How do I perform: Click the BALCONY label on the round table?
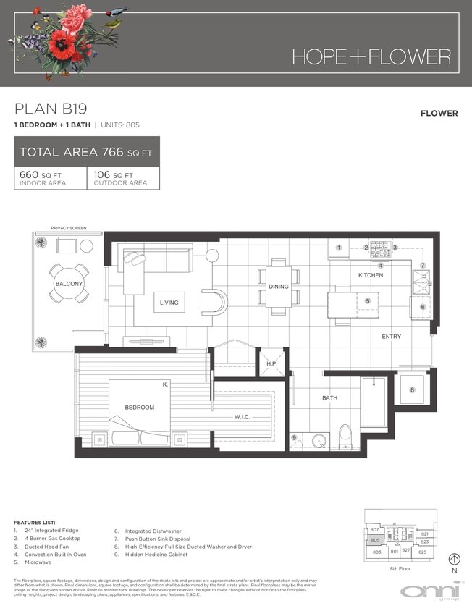69,284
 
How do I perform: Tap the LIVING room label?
169,303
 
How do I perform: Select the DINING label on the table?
278,287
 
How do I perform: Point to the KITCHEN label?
370,275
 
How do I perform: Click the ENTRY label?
391,336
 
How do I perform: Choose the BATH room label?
329,398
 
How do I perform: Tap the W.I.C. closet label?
242,416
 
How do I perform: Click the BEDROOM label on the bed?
139,408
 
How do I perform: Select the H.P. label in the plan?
271,363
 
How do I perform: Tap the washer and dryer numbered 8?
413,390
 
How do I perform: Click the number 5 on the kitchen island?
367,301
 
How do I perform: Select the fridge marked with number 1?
338,248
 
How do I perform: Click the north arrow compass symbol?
455,559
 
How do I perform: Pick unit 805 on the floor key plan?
375,540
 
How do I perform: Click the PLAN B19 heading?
51,109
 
